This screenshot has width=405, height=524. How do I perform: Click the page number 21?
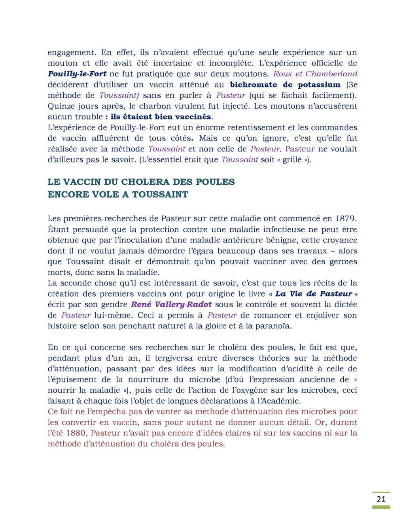tap(380, 499)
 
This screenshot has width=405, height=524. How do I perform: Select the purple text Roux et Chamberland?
tap(315, 74)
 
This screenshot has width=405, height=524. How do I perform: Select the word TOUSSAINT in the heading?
tap(160, 195)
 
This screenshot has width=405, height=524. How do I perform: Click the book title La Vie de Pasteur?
tap(313, 294)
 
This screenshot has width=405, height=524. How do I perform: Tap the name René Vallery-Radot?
tap(171, 305)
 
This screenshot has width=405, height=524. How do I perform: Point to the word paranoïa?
tap(273, 326)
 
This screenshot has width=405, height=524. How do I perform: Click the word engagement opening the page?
tap(72, 53)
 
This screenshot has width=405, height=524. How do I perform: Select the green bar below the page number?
tap(380, 507)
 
